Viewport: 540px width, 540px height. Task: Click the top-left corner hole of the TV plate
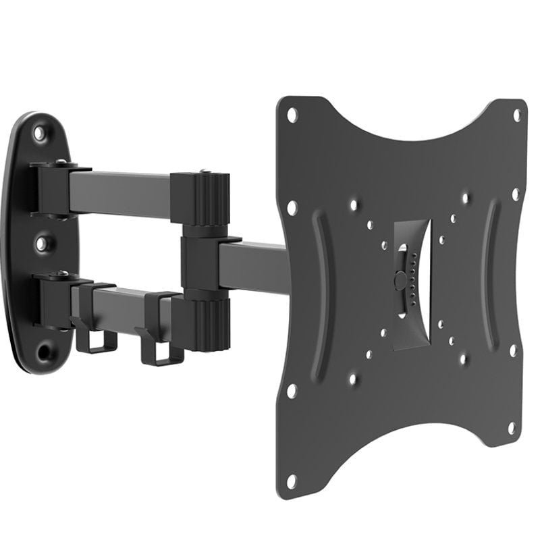[292, 115]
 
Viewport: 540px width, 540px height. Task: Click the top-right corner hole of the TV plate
[518, 114]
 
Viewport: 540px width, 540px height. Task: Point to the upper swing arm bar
[128, 192]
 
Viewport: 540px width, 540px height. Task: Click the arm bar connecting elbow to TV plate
[253, 264]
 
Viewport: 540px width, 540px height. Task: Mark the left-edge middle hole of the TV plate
[292, 207]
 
